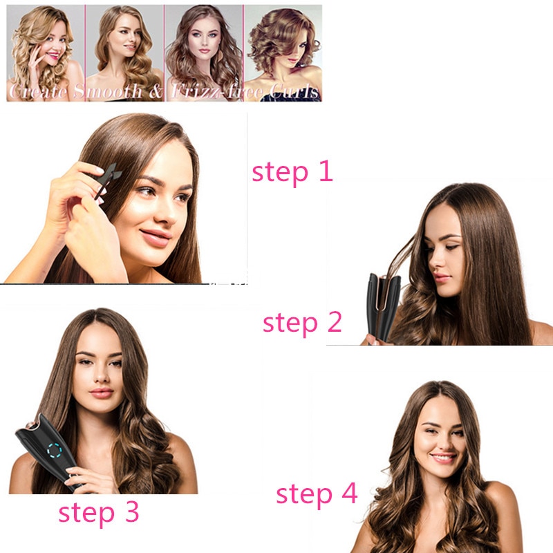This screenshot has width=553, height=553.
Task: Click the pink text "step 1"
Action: click(292, 171)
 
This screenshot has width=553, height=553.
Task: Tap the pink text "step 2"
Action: click(302, 322)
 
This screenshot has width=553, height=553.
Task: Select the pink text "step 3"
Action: click(99, 512)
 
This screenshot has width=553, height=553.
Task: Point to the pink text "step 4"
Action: click(317, 494)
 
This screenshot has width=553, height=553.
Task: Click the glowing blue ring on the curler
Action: click(53, 452)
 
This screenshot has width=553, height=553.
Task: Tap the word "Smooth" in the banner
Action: click(102, 91)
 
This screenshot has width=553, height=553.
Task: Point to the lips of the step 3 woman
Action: click(101, 393)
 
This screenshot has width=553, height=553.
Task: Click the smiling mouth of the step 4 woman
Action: click(442, 458)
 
